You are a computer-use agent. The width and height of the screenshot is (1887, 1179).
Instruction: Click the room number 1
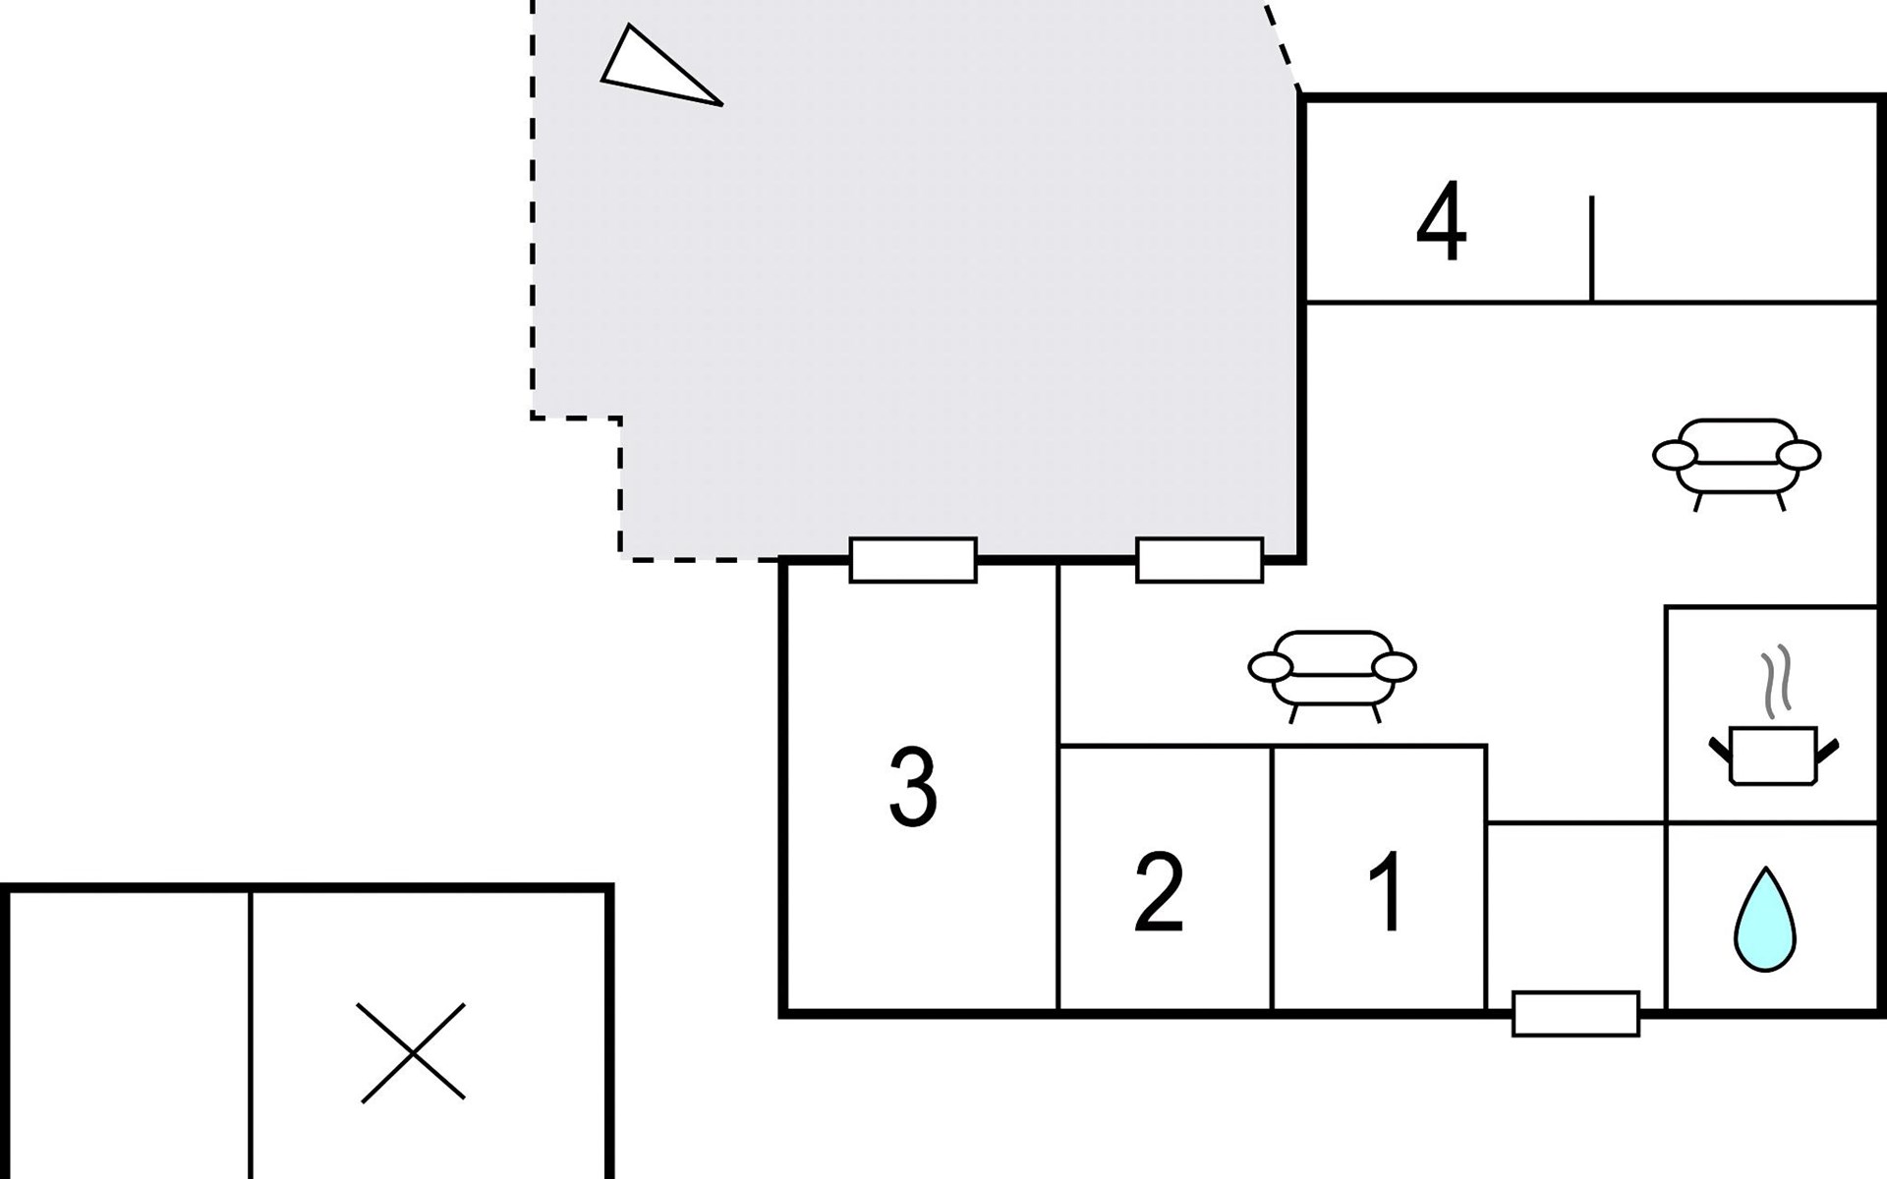point(1387,892)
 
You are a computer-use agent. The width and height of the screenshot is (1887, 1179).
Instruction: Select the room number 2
point(1159,892)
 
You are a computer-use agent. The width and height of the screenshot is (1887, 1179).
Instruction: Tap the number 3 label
point(913,787)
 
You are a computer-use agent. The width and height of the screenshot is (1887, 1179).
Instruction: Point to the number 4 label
point(1441,223)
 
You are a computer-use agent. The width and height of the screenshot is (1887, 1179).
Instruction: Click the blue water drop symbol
point(1765,921)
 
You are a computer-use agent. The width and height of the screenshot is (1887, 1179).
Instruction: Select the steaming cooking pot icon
point(1773,755)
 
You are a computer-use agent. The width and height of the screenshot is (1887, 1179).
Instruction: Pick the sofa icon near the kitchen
point(1737,462)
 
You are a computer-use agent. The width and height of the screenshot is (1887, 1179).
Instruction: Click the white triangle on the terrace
point(655,69)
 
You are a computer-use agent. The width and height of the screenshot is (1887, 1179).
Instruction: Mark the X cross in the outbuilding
point(412,1052)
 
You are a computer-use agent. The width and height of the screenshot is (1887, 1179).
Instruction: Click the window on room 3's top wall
point(913,560)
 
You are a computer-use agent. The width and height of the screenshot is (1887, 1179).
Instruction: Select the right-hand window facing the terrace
point(1199,560)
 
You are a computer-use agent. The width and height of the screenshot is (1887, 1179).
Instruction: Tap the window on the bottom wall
point(1575,1014)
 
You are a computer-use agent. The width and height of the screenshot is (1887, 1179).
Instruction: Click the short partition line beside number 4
point(1591,248)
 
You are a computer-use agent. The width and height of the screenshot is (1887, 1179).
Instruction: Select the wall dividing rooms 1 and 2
point(1272,877)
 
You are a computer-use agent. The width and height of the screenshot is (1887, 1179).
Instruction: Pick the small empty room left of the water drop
point(1575,909)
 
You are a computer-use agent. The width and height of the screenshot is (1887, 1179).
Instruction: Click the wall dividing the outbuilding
point(251,1032)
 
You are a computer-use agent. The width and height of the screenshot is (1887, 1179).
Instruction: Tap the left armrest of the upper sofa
point(1675,455)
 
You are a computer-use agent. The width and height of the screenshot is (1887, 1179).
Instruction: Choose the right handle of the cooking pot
point(1827,752)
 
